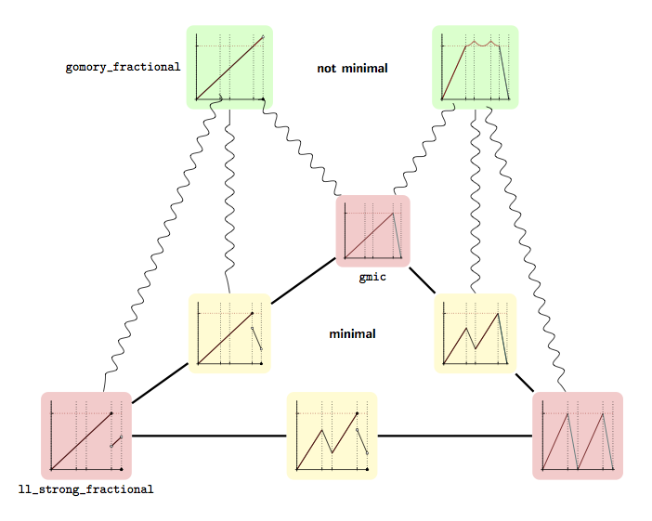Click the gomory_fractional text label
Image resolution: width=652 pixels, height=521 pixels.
(x=123, y=68)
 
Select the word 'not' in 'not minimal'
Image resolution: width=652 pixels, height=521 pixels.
(x=327, y=68)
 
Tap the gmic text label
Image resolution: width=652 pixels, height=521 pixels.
(x=372, y=277)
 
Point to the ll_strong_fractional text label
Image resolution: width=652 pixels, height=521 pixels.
(x=85, y=488)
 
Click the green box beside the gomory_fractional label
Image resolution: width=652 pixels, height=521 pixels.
(x=229, y=67)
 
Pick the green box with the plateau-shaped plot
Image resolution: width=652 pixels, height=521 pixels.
(x=475, y=67)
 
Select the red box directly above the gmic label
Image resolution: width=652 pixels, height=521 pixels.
(x=372, y=230)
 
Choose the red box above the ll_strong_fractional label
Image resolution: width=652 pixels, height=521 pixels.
(x=85, y=436)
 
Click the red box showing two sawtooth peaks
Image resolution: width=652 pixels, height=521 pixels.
(x=577, y=436)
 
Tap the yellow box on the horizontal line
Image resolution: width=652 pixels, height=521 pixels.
(x=332, y=436)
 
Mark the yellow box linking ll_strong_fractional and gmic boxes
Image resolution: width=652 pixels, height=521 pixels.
(x=229, y=332)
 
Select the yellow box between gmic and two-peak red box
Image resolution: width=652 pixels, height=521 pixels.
(x=475, y=332)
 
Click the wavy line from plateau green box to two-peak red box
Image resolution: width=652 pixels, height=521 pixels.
(x=525, y=251)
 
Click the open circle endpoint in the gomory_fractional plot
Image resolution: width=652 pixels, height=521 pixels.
(x=263, y=37)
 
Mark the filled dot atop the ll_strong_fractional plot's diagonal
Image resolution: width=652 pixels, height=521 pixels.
(x=111, y=412)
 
